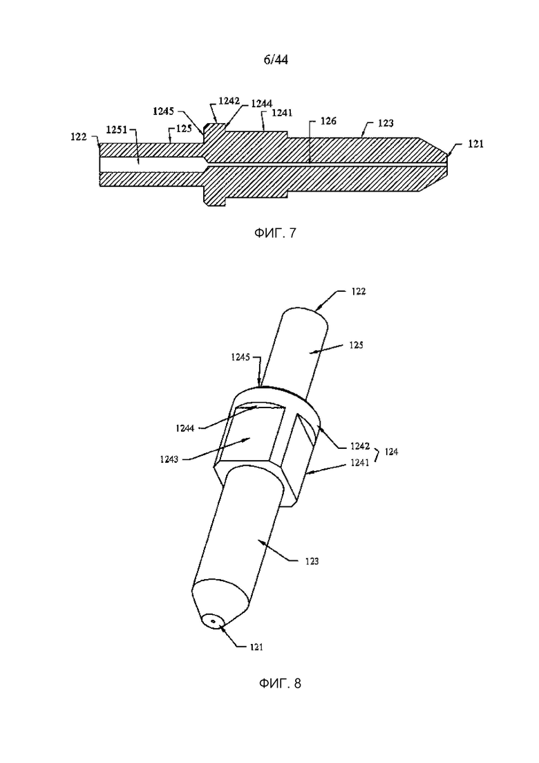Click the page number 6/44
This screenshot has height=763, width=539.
coord(276,59)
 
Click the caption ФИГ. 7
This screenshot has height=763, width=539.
coord(274,233)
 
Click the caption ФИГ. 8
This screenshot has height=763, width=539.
coord(280,683)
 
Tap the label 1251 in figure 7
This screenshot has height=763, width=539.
coord(117,130)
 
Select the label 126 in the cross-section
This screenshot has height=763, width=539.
coord(328,120)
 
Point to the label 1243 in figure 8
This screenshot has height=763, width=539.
coord(169,459)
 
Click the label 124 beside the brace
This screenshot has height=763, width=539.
coord(391,452)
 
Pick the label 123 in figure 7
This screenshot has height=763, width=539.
coord(386,123)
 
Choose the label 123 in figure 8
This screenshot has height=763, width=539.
coord(312,561)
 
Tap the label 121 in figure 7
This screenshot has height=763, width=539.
coord(476,144)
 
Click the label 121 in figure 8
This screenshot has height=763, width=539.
coord(256,647)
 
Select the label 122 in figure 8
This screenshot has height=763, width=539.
coord(358,291)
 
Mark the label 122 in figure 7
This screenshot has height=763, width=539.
coord(78,137)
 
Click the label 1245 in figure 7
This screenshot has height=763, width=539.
coord(163,111)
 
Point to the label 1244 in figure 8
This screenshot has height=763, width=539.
coord(185,428)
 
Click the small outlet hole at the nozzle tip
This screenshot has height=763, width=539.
coord(213,621)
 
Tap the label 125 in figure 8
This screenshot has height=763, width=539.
coord(357,345)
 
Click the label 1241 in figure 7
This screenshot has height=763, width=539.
coord(282,113)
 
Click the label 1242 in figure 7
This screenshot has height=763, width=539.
coord(229,101)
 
